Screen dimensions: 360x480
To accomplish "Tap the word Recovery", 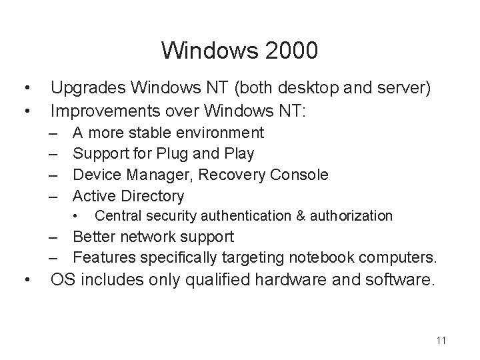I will (222, 175).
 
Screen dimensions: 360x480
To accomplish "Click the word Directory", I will (152, 195).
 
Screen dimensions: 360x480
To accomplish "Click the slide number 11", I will (441, 341).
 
